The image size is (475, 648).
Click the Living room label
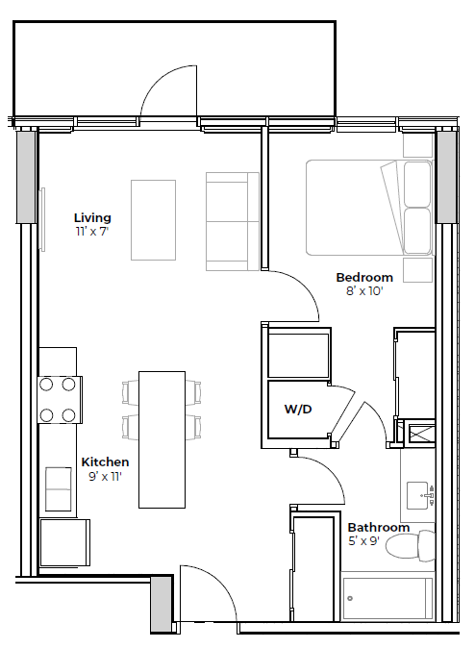click(93, 217)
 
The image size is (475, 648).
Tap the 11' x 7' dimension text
click(93, 232)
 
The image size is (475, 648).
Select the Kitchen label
click(105, 461)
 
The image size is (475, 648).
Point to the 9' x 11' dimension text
click(105, 476)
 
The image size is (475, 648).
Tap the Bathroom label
click(379, 527)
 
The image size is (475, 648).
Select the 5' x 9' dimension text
click(379, 541)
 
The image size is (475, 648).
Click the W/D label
click(298, 410)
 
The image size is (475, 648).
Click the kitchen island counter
click(162, 438)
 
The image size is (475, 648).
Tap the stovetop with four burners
click(59, 400)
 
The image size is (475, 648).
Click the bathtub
click(388, 598)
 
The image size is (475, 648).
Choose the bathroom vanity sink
click(418, 496)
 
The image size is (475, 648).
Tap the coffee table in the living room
click(153, 220)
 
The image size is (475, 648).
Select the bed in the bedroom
click(368, 209)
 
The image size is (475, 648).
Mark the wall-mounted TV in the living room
click(42, 218)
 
